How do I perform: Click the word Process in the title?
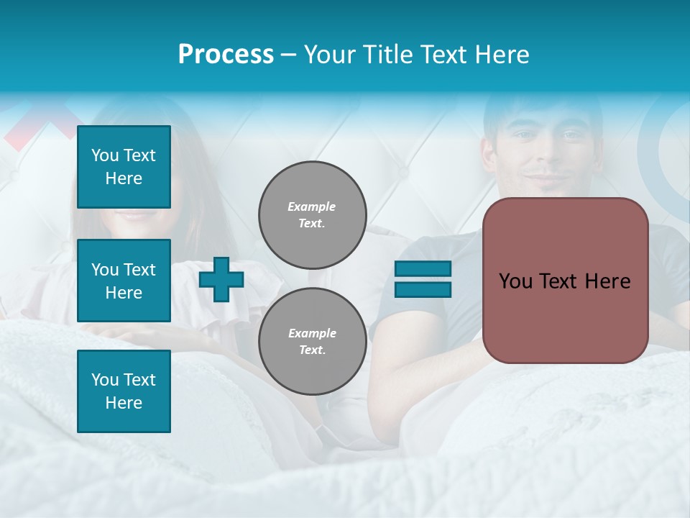coord(226,55)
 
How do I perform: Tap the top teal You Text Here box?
coord(124,167)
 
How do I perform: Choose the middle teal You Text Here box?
coord(124,281)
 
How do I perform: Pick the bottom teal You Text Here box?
coord(124,391)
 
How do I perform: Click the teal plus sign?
coord(221,279)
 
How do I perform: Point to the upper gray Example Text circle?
coord(313,215)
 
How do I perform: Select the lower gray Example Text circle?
coord(313,342)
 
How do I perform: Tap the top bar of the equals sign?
coord(423,269)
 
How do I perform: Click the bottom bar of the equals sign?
coord(423,289)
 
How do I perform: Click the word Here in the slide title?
coord(502,55)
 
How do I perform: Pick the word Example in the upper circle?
coord(312,206)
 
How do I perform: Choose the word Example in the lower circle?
coord(312,333)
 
